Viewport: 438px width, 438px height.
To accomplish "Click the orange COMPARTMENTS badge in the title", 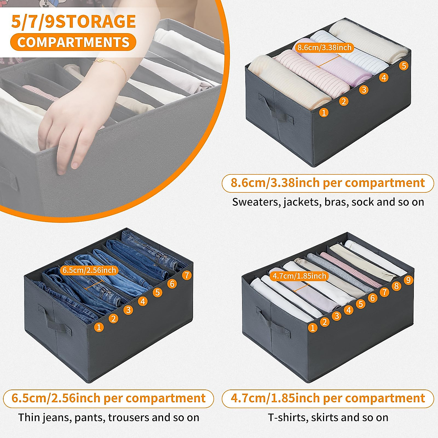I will coord(73,42).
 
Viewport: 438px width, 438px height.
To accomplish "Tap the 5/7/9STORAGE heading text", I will coord(73,22).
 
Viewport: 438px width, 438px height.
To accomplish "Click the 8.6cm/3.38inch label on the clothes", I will coord(324,47).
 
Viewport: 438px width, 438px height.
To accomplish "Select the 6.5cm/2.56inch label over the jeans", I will coord(89,270).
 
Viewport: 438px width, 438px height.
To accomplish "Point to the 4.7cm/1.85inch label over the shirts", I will coord(299,276).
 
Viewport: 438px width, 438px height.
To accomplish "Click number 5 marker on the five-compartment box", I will coord(403,66).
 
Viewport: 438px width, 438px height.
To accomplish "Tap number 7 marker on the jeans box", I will coord(187,275).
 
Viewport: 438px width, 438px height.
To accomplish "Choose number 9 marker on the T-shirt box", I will coord(408,280).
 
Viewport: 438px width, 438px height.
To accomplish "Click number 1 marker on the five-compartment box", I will coord(324,112).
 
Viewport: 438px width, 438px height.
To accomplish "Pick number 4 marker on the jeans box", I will coord(143,301).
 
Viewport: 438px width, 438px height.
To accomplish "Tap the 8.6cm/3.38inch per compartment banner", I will coord(327,183).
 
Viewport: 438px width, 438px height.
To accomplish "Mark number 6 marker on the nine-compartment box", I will coord(372,298).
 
